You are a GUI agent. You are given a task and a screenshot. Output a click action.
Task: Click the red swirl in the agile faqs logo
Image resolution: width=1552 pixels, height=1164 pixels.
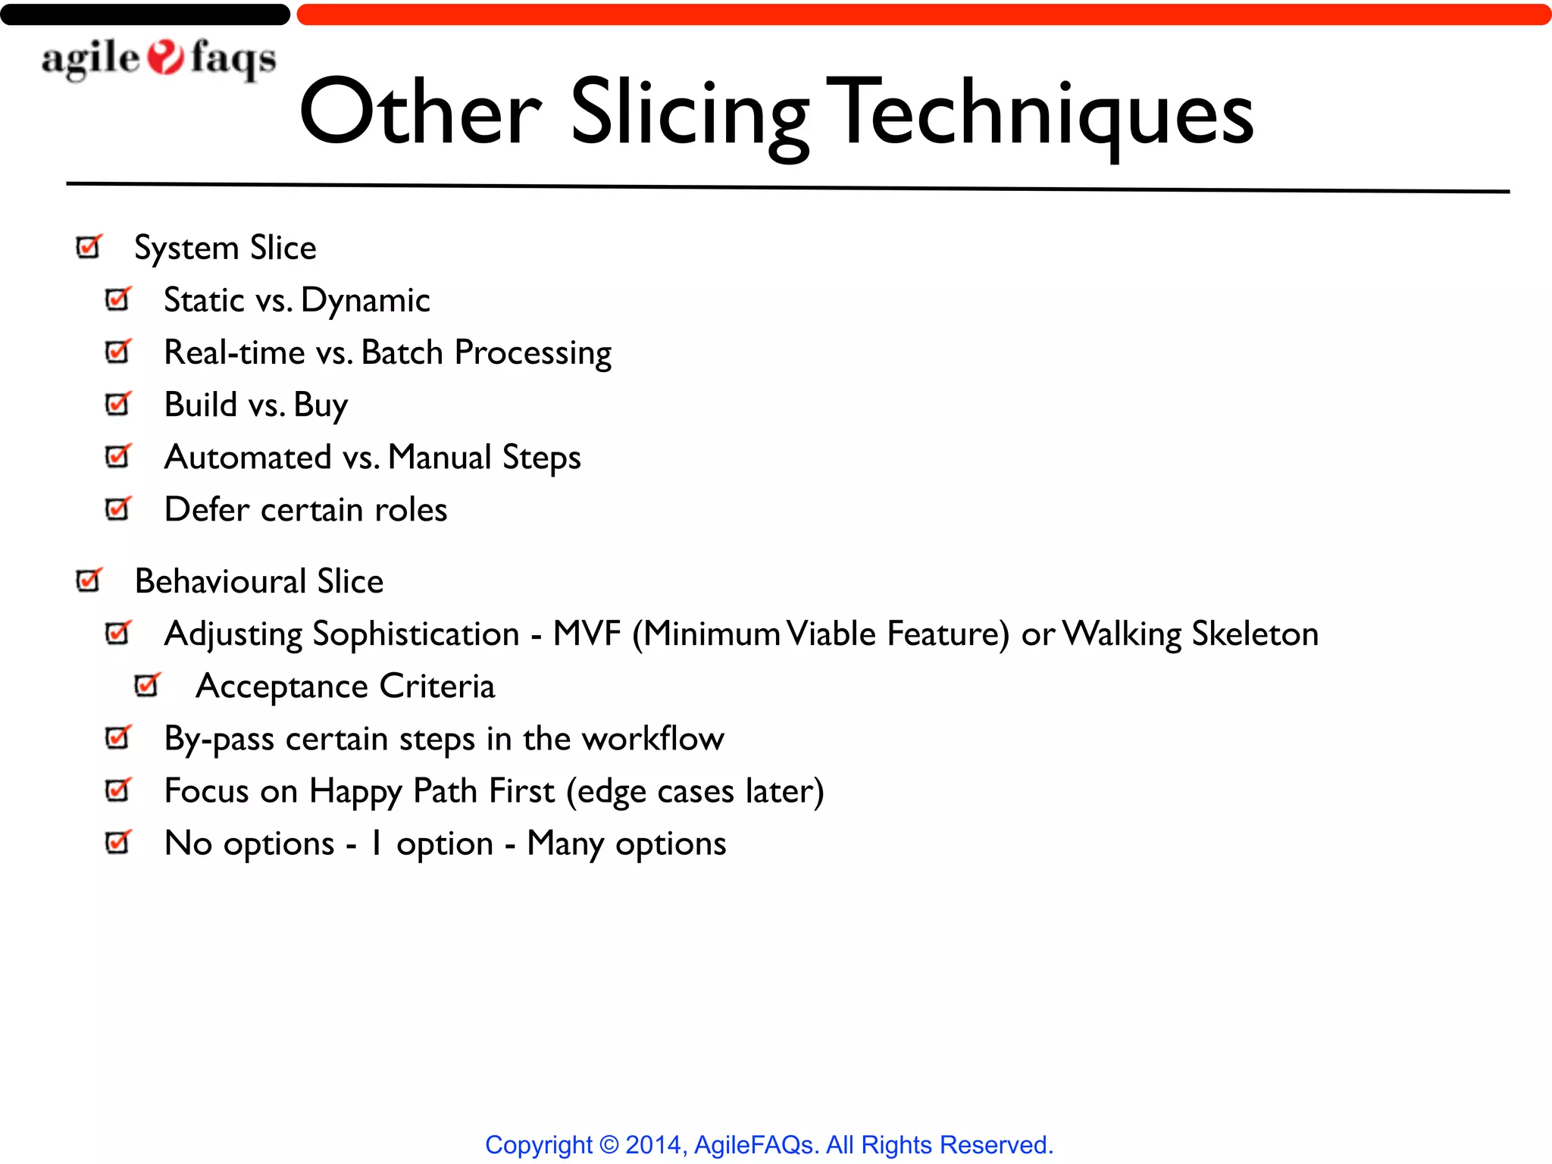click(x=165, y=58)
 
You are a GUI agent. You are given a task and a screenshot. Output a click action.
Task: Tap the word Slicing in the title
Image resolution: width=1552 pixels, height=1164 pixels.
click(x=690, y=114)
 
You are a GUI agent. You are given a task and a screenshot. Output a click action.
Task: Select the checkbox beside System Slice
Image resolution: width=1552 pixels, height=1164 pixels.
click(x=89, y=247)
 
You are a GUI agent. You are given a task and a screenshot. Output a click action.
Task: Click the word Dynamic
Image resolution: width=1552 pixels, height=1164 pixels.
click(x=365, y=301)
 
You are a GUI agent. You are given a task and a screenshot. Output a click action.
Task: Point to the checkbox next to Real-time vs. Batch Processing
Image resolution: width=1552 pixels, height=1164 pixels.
click(x=118, y=352)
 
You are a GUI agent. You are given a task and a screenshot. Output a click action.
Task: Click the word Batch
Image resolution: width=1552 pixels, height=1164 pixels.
click(x=402, y=352)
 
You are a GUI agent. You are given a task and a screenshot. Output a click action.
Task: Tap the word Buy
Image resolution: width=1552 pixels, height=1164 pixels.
click(x=321, y=405)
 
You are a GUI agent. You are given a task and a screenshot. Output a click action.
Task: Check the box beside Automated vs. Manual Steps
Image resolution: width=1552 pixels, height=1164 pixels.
click(x=118, y=456)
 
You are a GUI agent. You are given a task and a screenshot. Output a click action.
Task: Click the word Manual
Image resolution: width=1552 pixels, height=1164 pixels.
click(x=440, y=457)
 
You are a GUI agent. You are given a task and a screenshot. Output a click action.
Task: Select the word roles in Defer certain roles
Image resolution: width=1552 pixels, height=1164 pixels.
click(x=411, y=510)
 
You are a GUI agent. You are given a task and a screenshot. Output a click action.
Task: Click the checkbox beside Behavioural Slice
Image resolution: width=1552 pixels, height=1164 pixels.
click(x=89, y=580)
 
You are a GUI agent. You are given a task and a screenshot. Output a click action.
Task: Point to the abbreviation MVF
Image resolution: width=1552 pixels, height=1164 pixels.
click(x=587, y=634)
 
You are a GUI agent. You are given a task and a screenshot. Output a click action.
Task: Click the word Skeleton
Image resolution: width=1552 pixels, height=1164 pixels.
click(x=1255, y=634)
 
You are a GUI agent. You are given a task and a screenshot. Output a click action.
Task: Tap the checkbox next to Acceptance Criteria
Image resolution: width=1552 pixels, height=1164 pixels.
click(x=147, y=685)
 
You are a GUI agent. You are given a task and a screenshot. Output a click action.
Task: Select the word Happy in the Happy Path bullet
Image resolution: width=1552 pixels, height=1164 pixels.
click(x=355, y=792)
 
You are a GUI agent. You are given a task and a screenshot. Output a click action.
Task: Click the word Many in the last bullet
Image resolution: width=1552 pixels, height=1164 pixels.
click(x=565, y=844)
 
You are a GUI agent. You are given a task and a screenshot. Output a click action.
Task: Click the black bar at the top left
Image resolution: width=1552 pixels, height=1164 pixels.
click(x=144, y=14)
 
